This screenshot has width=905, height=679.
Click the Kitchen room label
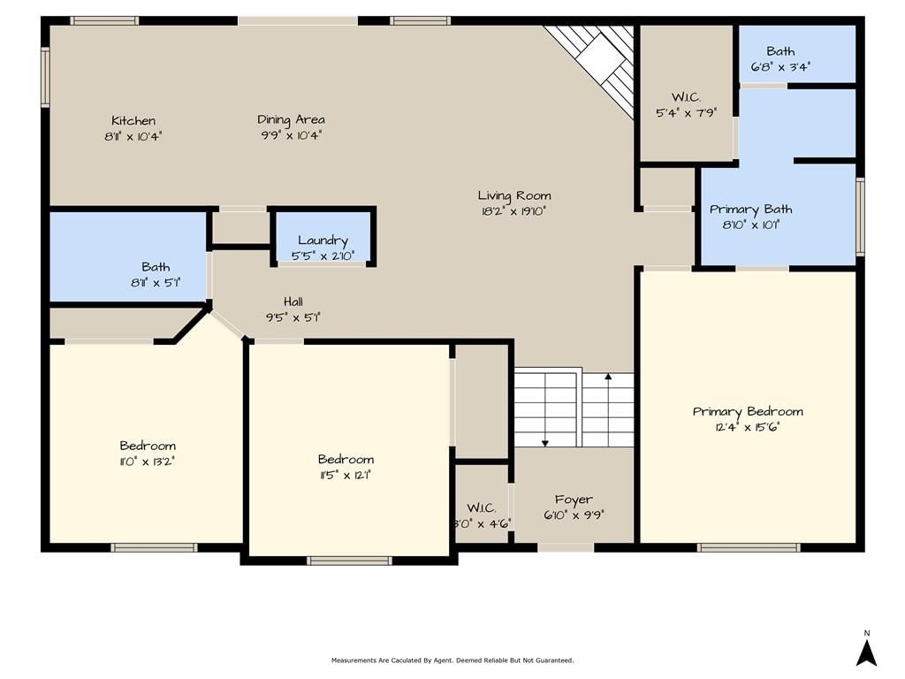pos(133,120)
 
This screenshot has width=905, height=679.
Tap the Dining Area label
pos(291,119)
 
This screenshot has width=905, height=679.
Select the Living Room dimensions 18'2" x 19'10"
pos(513,211)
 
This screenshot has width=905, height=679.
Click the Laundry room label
pos(323,240)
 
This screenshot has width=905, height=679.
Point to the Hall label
pos(293,301)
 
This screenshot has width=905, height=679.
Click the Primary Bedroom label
pos(748,412)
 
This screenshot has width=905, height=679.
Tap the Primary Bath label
pos(751,209)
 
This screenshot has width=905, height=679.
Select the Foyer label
pos(574,500)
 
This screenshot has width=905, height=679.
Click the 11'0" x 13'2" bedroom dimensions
pos(148,462)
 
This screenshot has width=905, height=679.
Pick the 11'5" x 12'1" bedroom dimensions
pos(346,475)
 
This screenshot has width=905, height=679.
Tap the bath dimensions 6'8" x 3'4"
pos(781,66)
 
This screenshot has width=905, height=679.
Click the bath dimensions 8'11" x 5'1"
pos(156,282)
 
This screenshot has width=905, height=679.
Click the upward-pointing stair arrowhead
pos(608,377)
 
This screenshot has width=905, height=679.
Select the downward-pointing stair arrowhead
pos(544,444)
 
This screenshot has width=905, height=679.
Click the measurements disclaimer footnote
pos(452,660)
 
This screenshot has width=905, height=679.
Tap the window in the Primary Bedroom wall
pos(749,547)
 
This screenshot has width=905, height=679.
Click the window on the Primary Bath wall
pos(860,217)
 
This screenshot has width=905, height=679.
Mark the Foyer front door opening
pos(566,547)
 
